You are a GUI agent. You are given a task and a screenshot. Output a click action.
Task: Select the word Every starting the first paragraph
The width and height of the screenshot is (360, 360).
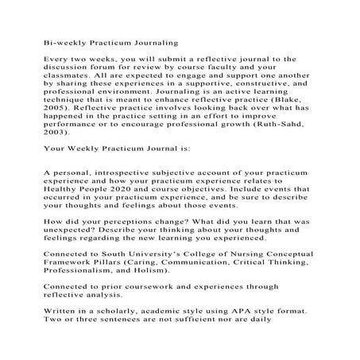tap(56, 59)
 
